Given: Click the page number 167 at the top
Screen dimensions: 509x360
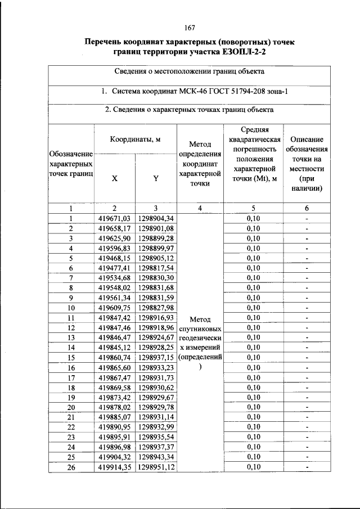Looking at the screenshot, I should [x=189, y=28].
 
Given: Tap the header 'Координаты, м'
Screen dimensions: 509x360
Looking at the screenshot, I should [x=135, y=139].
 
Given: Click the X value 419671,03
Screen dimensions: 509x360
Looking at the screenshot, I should [x=114, y=218].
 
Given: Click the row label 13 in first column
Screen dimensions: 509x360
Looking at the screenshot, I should [x=71, y=337].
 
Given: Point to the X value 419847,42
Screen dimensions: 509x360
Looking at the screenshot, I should [x=114, y=318].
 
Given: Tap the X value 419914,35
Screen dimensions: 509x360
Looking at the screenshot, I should [x=114, y=467].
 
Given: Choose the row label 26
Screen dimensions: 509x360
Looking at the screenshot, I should [x=71, y=467].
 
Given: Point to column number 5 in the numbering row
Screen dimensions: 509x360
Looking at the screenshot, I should [x=254, y=208].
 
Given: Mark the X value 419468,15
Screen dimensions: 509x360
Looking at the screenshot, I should [x=114, y=258].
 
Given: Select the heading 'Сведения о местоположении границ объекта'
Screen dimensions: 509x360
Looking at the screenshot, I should [x=189, y=71].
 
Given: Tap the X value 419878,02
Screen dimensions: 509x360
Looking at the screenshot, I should [x=114, y=407].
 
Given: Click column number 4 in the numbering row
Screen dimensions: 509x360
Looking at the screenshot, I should [x=200, y=208].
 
